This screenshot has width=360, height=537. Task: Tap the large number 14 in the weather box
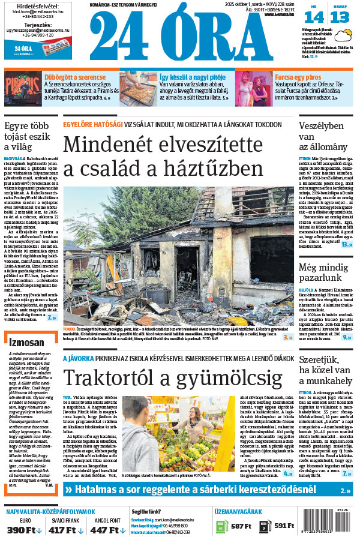point(317,17)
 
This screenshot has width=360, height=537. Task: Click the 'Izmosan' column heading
point(27,341)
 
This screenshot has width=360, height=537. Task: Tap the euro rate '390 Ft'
point(25,529)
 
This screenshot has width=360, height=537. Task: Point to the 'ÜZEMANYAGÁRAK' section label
point(238,512)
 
